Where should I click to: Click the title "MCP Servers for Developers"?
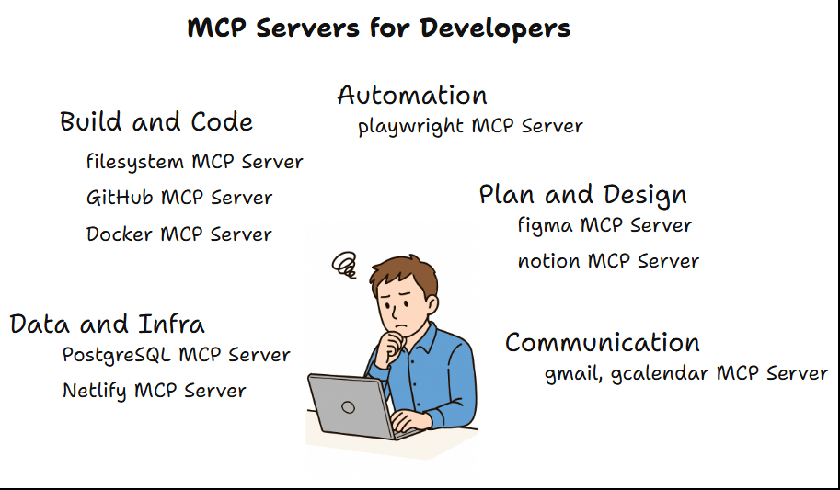[379, 28]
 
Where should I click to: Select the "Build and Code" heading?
[156, 122]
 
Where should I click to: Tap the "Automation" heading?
[412, 96]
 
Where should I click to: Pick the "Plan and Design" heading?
[582, 196]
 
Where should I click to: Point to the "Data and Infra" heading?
[107, 325]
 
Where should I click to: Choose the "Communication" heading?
[603, 344]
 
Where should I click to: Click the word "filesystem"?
[135, 163]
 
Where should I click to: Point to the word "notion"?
[549, 262]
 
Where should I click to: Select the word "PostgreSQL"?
[117, 356]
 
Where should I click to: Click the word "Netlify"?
[96, 392]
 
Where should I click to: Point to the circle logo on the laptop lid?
[348, 405]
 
